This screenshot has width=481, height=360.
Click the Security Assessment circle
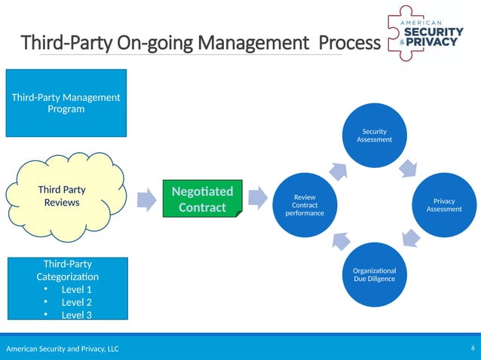click(x=374, y=136)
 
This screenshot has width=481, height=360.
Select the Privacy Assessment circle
click(x=444, y=205)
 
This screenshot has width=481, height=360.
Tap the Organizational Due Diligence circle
click(x=374, y=274)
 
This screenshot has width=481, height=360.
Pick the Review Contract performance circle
click(x=305, y=205)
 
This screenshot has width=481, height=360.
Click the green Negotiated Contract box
click(x=203, y=199)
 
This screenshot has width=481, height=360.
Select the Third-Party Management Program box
click(x=66, y=103)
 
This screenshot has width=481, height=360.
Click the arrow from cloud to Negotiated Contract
click(x=147, y=199)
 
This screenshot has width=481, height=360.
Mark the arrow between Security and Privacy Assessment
click(x=409, y=166)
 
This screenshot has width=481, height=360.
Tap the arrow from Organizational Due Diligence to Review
click(x=339, y=240)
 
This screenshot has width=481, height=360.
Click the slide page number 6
click(x=472, y=348)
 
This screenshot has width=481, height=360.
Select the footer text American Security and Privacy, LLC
click(x=63, y=349)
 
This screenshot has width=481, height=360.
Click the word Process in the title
click(x=350, y=43)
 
